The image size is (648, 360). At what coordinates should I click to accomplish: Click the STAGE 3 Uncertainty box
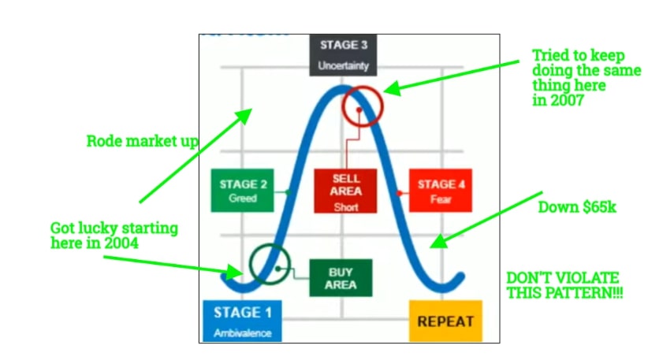click(x=343, y=54)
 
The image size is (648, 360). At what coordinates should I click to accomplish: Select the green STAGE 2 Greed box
click(x=243, y=191)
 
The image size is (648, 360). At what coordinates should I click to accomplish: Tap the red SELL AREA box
click(x=345, y=190)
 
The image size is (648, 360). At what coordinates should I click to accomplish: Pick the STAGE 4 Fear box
click(x=441, y=190)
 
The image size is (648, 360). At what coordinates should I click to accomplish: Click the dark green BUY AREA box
click(x=340, y=277)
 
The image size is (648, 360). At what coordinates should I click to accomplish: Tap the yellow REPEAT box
click(x=445, y=321)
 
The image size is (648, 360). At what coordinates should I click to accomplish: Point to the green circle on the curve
click(x=270, y=263)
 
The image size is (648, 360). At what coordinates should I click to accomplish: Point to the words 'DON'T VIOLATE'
click(x=562, y=278)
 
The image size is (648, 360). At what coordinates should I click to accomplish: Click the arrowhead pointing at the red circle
click(x=389, y=89)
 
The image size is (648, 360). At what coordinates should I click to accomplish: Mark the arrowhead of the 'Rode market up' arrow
click(x=246, y=115)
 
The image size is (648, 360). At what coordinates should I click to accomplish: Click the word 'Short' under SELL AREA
click(x=345, y=208)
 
